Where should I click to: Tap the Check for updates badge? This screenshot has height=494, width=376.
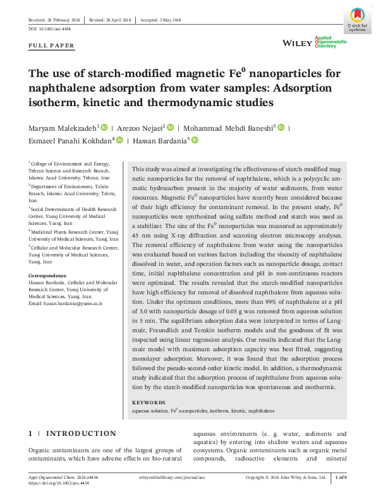pos(357,21)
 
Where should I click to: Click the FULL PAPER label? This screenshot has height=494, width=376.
pos(52,45)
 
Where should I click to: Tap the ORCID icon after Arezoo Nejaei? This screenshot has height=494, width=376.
pos(170,127)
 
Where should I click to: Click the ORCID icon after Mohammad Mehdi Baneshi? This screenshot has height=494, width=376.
pos(281,127)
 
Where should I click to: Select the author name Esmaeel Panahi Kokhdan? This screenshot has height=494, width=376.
pos(70,140)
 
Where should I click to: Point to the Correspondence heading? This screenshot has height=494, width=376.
pos(46,276)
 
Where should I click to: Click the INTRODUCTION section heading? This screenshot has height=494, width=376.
pos(82,433)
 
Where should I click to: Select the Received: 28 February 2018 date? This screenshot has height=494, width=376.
pos(54,19)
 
